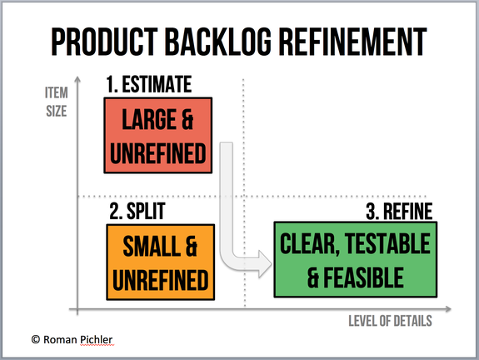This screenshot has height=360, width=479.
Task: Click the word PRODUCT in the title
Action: click(x=104, y=42)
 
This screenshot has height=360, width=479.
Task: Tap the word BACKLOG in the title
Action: click(x=218, y=42)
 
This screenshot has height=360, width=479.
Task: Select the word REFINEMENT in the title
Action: click(x=353, y=42)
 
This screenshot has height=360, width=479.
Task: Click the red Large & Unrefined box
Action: click(x=158, y=135)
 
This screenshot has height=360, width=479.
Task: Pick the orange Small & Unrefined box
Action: click(x=161, y=262)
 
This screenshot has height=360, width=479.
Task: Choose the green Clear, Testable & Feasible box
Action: click(x=356, y=260)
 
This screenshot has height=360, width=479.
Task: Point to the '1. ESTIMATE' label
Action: click(x=149, y=84)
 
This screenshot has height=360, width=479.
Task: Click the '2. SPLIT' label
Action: click(x=137, y=211)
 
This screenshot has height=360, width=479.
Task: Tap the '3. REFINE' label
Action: click(x=399, y=211)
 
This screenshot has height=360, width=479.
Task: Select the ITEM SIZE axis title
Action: click(x=57, y=102)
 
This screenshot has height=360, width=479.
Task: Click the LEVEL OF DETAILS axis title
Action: click(x=390, y=321)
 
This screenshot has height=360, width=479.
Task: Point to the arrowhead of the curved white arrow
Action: click(x=264, y=263)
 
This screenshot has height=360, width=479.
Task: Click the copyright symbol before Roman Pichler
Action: click(x=36, y=339)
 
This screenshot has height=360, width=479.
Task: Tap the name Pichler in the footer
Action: click(x=97, y=339)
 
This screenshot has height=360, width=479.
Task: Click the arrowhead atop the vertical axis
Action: click(x=77, y=79)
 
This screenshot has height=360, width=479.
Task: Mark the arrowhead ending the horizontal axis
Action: click(x=448, y=309)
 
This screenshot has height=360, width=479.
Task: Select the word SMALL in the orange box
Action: click(x=152, y=247)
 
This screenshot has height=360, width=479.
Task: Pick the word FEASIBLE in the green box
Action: click(x=363, y=277)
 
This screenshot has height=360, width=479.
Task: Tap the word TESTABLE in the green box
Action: click(x=387, y=243)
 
